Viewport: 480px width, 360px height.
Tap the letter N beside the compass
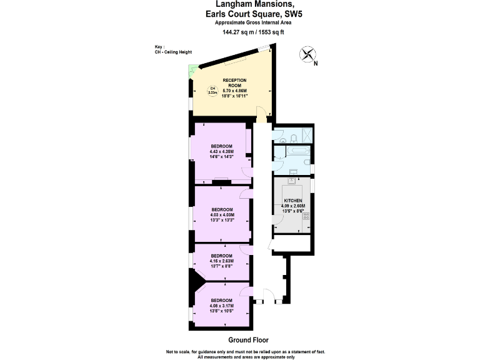[316, 63]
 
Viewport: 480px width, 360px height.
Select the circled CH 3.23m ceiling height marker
[212, 90]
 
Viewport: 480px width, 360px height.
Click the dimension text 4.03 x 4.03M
[222, 215]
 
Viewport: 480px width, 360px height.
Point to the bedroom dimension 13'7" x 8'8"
[222, 266]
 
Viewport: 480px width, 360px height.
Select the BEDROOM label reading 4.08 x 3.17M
[222, 301]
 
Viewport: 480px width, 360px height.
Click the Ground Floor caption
[248, 341]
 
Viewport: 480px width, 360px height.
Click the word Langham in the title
[221, 4]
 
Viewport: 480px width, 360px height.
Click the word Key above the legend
[159, 47]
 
